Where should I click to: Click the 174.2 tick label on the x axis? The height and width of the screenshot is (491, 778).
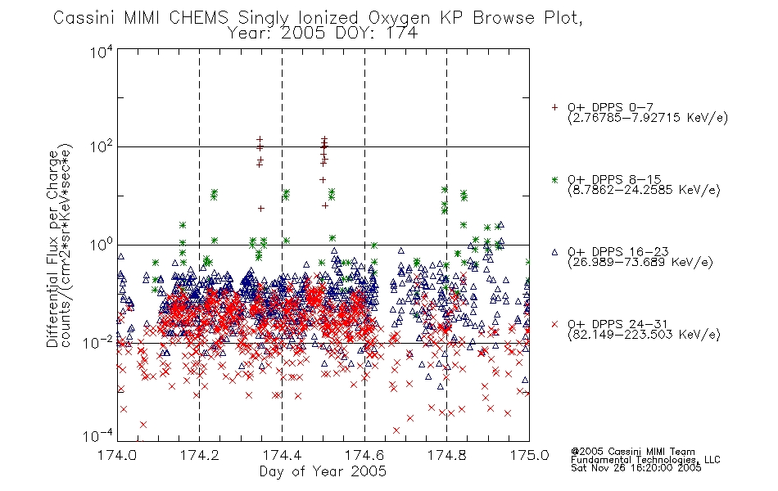[200, 455]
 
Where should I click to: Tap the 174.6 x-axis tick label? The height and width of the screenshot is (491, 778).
[364, 455]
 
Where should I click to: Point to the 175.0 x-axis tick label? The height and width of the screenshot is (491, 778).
[529, 455]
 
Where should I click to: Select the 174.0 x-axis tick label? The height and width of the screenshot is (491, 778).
[117, 455]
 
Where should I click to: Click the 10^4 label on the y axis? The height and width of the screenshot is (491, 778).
[102, 52]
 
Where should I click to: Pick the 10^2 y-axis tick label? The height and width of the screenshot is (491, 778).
[102, 147]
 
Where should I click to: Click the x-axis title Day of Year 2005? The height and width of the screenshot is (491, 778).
[323, 471]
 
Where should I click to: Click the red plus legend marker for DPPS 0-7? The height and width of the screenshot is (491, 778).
[554, 107]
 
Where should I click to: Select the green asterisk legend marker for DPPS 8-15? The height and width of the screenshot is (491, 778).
[554, 179]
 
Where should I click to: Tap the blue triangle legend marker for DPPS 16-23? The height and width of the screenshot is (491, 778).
[554, 252]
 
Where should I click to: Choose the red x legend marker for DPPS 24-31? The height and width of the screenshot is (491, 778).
[554, 324]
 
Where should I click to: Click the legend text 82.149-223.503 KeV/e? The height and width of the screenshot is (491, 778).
[644, 335]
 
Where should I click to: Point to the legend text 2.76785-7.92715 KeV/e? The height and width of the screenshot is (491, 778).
[648, 118]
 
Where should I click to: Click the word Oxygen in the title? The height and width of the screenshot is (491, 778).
[400, 18]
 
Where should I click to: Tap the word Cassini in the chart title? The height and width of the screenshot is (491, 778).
[84, 18]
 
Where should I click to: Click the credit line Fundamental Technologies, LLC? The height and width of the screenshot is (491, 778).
[645, 460]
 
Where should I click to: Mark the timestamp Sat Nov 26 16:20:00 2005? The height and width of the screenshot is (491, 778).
[636, 467]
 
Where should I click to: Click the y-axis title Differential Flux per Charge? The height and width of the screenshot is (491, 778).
[53, 249]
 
